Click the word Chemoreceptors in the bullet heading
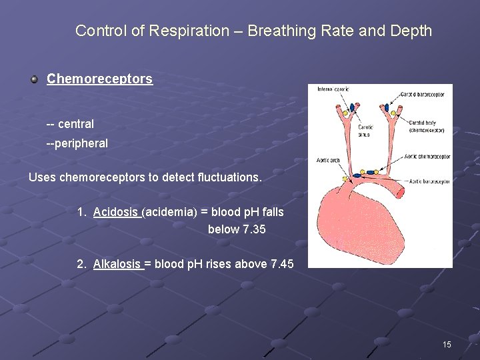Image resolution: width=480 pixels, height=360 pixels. pos(99,79)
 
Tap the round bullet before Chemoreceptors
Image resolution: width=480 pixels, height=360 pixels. pos(34,79)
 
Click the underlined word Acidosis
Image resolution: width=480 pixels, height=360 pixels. pos(116,212)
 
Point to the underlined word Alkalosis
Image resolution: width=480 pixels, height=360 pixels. pos(117,264)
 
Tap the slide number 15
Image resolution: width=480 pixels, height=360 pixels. pos(447,345)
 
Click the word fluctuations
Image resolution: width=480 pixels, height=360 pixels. pos(228,177)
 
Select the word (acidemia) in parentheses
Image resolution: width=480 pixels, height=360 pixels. pos(170,212)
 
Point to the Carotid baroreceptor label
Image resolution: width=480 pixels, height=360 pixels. pos(423,95)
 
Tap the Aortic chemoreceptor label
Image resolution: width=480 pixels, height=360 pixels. pos(427,157)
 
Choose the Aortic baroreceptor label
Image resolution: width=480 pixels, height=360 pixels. pos(429,181)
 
